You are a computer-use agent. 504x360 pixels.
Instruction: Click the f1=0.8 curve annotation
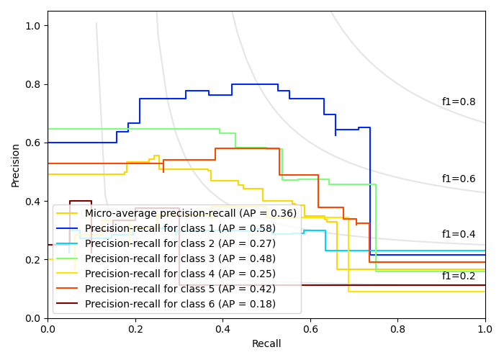click(x=458, y=102)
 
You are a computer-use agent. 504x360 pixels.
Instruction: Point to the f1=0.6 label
click(x=458, y=179)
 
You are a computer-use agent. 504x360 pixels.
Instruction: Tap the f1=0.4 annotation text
click(x=458, y=234)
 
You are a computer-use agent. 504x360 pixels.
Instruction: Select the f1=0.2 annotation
click(x=458, y=276)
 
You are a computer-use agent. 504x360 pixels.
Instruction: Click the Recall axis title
click(x=266, y=344)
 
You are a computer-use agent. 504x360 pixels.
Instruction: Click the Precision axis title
click(x=16, y=164)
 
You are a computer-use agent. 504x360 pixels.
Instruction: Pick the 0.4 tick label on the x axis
click(x=222, y=329)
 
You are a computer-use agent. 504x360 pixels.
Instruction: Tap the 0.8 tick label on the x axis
click(x=397, y=329)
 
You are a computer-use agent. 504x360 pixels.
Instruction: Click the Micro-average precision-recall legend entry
click(x=190, y=213)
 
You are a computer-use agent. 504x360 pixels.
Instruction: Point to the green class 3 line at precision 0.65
click(x=173, y=129)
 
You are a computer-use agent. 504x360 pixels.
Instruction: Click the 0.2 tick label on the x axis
click(x=135, y=329)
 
